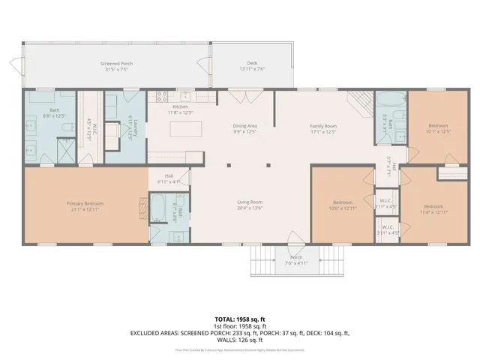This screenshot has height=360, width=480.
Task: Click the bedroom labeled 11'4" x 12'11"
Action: tap(433, 208)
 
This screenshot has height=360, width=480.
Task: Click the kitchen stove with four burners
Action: tap(160, 96)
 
